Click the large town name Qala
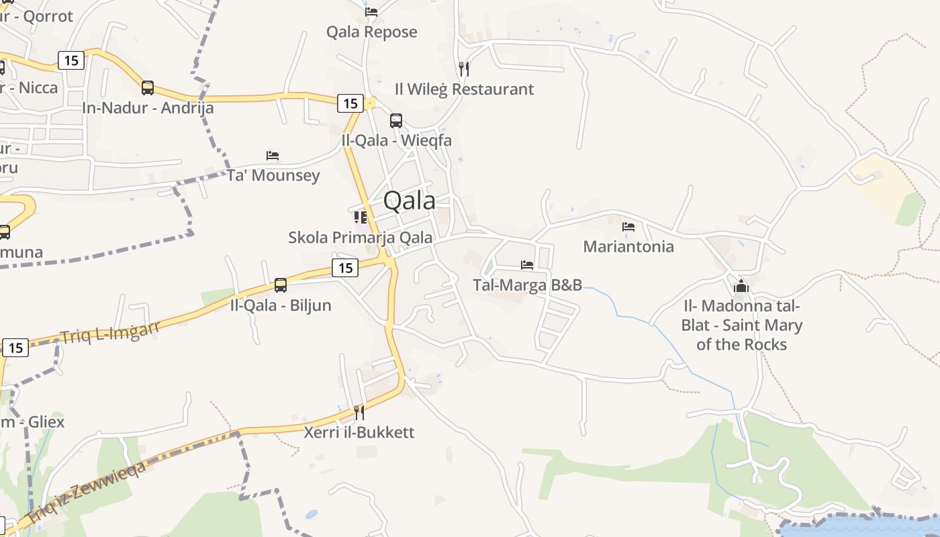pos(409,200)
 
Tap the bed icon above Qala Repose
pos(371,11)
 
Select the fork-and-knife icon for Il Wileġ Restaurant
pos(463,68)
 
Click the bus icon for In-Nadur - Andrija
pos(148,87)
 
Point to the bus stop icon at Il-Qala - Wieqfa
pos(396,121)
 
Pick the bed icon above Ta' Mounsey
pos(273,155)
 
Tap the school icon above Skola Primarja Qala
pos(361,217)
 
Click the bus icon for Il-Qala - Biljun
pos(281,285)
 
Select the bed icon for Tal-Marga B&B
pos(527,265)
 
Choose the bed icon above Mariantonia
pos(628,227)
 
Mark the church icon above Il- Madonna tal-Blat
pos(741,286)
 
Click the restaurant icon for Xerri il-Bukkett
pos(359,412)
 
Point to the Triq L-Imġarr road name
pos(110,331)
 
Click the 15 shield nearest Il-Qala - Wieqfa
pos(350,103)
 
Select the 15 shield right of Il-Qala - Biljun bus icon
pos(345,268)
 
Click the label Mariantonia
pos(628,246)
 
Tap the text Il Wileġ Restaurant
pos(464,89)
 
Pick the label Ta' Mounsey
pos(273,175)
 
